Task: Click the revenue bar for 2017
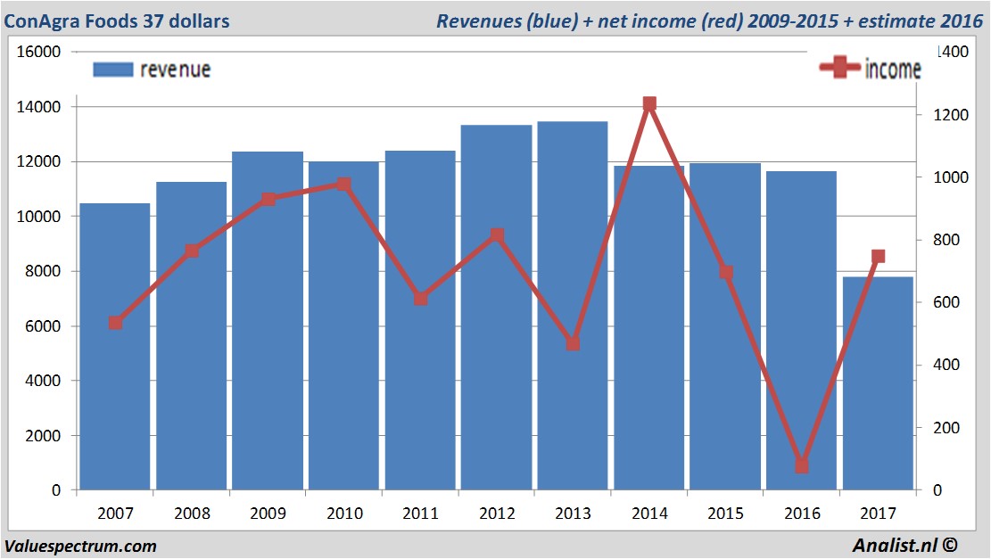(878, 383)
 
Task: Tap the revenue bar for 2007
(115, 347)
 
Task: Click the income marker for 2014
(649, 104)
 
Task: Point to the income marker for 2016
(801, 465)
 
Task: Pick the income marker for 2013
(573, 343)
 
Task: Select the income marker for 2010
(344, 185)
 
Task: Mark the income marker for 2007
(115, 323)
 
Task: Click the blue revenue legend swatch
(111, 69)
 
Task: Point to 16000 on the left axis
(38, 52)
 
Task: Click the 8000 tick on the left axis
(42, 271)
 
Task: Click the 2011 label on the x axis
(420, 514)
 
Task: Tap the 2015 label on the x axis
(725, 514)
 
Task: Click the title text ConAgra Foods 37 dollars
(117, 21)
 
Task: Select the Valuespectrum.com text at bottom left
(80, 546)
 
